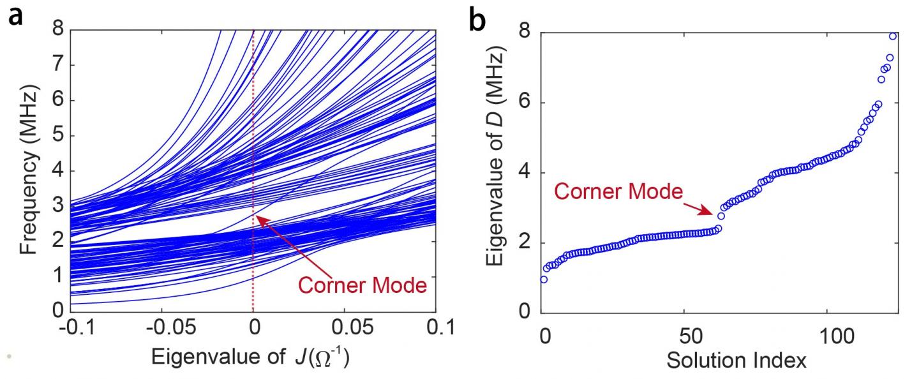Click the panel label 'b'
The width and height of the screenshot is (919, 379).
[478, 20]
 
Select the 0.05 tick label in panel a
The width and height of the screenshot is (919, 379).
[345, 330]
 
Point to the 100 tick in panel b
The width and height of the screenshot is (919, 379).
[826, 334]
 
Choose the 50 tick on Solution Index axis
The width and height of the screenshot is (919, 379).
[684, 334]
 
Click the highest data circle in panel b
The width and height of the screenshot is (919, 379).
[893, 36]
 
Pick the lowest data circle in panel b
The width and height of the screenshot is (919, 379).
[544, 279]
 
